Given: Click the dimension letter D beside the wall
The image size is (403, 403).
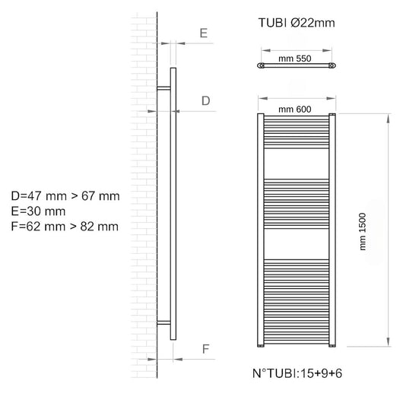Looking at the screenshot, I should [205, 100].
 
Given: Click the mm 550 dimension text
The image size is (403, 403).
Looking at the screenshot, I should [297, 58].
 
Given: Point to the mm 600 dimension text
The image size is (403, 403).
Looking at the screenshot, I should [297, 109].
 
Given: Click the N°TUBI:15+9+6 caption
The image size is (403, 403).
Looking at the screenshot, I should [297, 373].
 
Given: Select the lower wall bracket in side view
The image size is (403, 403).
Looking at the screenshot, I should [164, 322].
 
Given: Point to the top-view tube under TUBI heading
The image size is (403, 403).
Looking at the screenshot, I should [297, 67].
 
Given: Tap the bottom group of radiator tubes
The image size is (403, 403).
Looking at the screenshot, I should [297, 301].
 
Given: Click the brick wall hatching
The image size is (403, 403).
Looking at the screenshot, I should [143, 190].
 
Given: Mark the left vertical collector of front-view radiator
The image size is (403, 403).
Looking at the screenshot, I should [261, 228].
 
